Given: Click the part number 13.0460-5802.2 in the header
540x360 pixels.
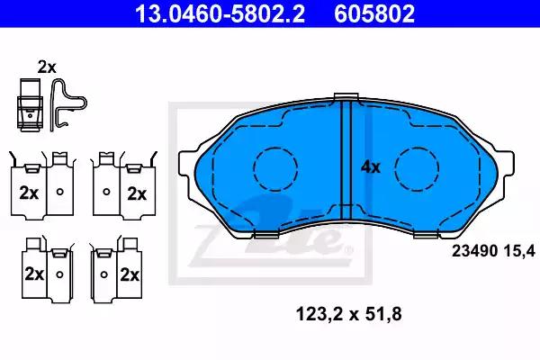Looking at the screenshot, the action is tap(220, 13).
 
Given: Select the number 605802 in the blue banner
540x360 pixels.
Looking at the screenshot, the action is tap(374, 13).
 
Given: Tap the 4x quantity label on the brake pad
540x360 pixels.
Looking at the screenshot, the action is tap(371, 167).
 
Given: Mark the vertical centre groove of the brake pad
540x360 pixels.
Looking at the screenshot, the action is tap(346, 160).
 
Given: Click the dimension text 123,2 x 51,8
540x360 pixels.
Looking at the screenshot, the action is tap(348, 314).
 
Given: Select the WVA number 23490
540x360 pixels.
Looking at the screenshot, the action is tap(474, 251).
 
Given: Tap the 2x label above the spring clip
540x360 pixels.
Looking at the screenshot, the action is tap(47, 67).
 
